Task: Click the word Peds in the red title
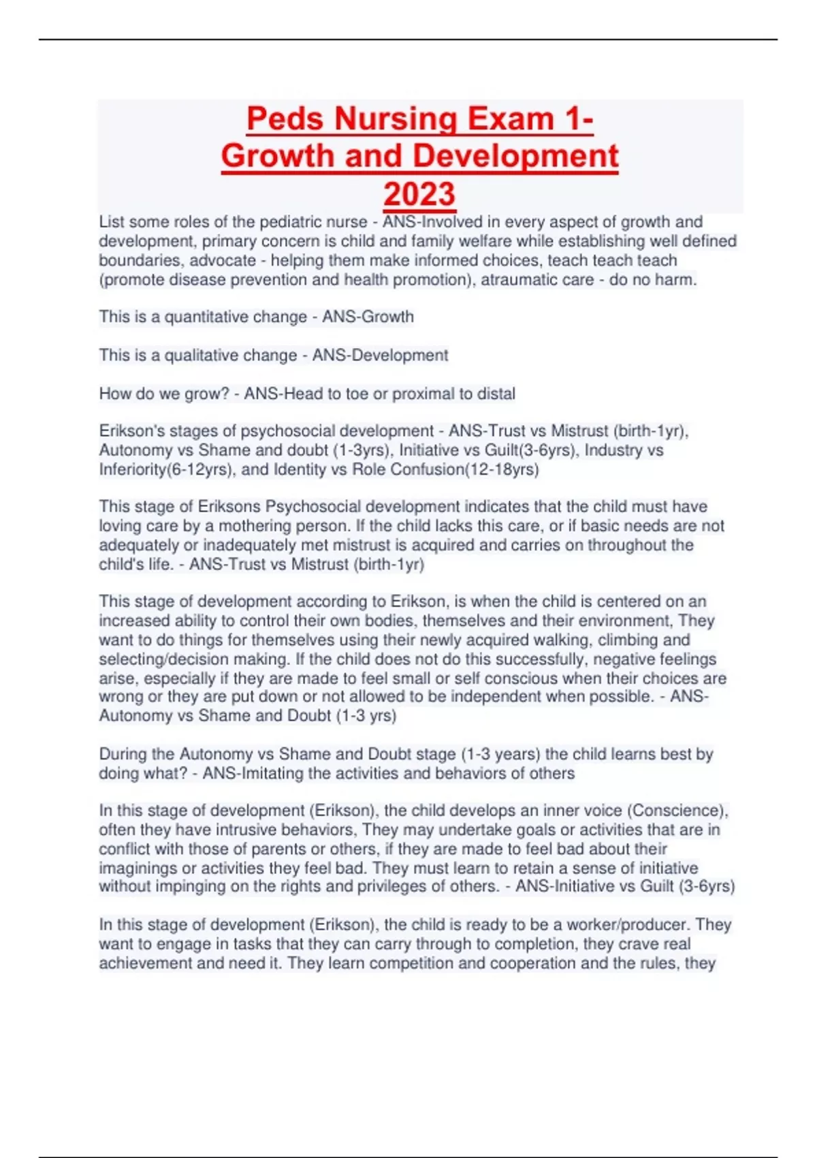coord(285,119)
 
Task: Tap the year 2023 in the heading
coord(419,194)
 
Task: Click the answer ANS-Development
coord(381,355)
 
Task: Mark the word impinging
coord(197,886)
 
